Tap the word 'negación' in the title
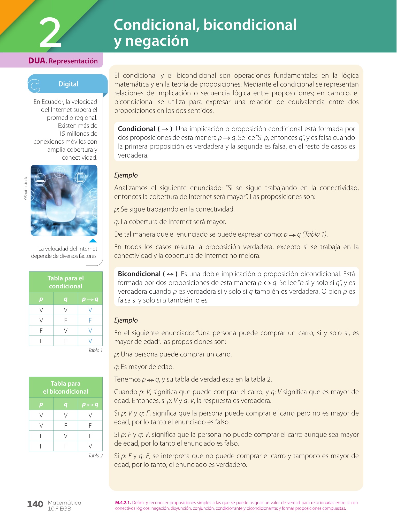tap(157, 41)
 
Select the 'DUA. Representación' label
tap(63, 61)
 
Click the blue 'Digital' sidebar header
tap(68, 84)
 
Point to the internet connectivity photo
tap(64, 200)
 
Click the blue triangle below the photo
tap(93, 240)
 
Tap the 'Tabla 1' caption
tap(95, 350)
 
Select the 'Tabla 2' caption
tap(95, 456)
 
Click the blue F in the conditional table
tap(90, 320)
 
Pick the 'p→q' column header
tap(90, 299)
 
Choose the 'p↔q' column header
tap(90, 404)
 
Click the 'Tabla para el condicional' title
tap(66, 282)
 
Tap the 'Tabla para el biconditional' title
tap(66, 387)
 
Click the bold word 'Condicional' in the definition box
tap(136, 129)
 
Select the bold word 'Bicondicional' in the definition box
tap(139, 274)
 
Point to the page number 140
tap(35, 504)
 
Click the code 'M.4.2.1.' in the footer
tap(123, 503)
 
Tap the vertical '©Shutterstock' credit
tap(26, 189)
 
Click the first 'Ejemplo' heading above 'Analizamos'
tap(126, 175)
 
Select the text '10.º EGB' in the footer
tap(59, 509)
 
